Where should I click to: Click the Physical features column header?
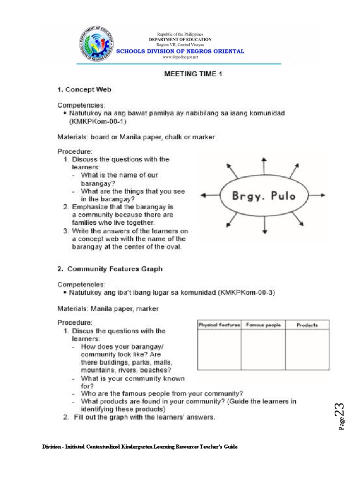219,325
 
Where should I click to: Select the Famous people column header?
262,325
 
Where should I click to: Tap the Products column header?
307,325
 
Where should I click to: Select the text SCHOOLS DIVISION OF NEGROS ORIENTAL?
180,51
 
